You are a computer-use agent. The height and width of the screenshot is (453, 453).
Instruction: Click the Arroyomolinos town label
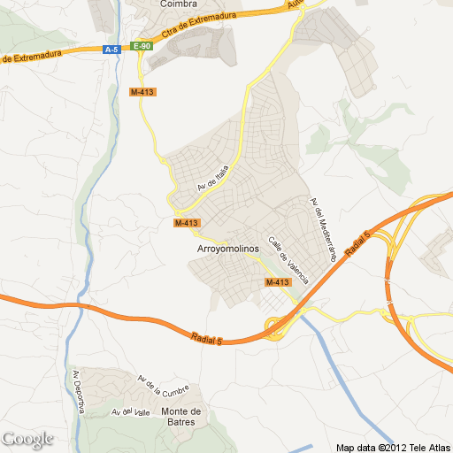coord(226,249)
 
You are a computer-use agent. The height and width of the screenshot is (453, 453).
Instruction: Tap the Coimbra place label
coord(178,4)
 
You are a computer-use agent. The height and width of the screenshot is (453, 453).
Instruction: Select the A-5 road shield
coord(111,50)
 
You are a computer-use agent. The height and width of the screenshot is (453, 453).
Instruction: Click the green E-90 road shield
coord(142,46)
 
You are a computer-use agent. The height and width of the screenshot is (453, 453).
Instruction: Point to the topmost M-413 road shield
coord(142,92)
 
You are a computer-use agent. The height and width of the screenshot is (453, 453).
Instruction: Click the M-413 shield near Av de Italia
coord(187,223)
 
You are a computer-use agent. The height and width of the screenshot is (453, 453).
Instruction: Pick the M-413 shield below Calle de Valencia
coord(277,281)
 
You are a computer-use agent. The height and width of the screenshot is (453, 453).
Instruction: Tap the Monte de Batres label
coord(181,416)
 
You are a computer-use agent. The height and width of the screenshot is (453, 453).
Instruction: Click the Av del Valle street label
coord(128,411)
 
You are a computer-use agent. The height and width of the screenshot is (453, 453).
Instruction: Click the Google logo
coord(27,439)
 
